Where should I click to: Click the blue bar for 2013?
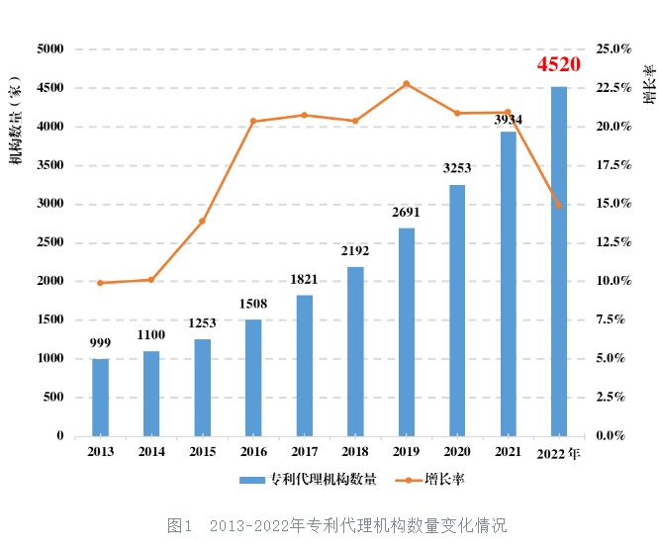(x=100, y=397)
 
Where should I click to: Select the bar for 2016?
(x=253, y=377)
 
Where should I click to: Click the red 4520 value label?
(x=558, y=65)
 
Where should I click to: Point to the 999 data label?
(x=100, y=342)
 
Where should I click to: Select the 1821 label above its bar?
(x=304, y=279)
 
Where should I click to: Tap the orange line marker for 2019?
(x=407, y=84)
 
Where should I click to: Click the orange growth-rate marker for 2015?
(x=202, y=221)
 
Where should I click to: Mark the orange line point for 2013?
(x=100, y=283)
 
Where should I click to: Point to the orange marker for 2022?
(x=559, y=206)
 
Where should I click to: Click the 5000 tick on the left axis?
(x=49, y=48)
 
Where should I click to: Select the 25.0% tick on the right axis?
(x=614, y=48)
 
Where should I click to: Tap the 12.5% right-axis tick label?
(x=614, y=242)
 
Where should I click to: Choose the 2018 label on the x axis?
(x=355, y=452)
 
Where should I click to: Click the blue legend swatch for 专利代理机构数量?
(x=253, y=480)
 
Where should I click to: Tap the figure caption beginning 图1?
(x=336, y=524)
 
